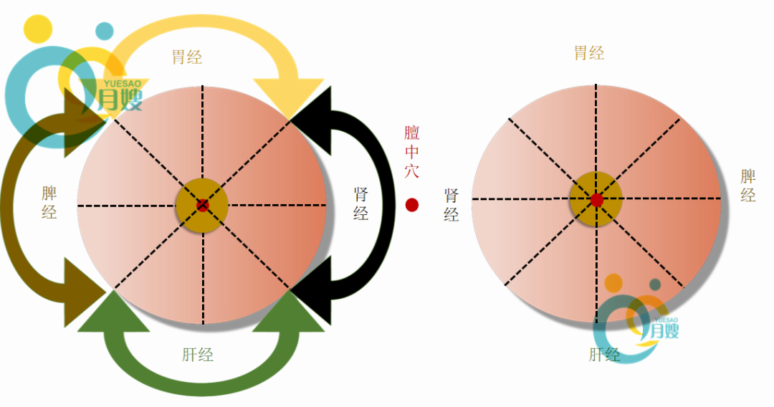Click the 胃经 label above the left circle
tap(187, 57)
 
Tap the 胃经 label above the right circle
tap(589, 53)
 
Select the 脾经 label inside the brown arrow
tap(49, 203)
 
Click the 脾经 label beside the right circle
tap(747, 186)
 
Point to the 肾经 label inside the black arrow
tap(361, 203)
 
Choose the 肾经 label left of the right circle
tap(451, 205)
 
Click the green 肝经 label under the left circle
tap(198, 354)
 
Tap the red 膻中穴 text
tap(412, 152)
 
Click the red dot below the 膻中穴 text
tap(412, 205)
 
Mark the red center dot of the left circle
tap(202, 206)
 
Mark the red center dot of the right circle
tap(596, 200)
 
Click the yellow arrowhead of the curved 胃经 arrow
tap(291, 97)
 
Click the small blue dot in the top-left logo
tap(105, 31)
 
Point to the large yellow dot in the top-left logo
tap(38, 28)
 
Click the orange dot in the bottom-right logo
tap(613, 283)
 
